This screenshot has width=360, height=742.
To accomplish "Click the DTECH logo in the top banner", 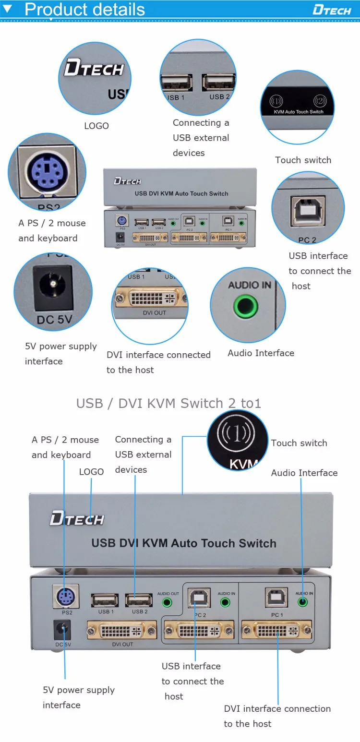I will [x=332, y=10].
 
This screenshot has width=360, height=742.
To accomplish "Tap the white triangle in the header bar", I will [x=8, y=8].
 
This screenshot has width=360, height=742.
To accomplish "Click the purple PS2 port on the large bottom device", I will [x=66, y=598].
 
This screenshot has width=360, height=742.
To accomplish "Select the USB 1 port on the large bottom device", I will [x=105, y=600].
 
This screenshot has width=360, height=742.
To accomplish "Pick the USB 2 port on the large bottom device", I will [x=139, y=600].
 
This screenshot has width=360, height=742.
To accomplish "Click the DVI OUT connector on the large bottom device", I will [x=122, y=630].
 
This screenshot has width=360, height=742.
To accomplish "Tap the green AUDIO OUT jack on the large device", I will [x=168, y=602].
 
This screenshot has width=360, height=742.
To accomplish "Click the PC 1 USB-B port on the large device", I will [x=276, y=598].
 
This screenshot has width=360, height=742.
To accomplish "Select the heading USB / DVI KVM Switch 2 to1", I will [x=168, y=403].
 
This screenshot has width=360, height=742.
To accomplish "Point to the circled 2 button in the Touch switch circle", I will [x=319, y=101].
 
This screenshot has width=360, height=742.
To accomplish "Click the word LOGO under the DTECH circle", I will [x=96, y=126].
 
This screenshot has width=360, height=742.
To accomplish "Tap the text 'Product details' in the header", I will [x=84, y=9].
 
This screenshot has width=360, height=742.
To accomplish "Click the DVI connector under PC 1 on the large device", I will [x=276, y=630].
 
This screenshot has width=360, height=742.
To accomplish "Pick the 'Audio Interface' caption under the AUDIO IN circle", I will [x=261, y=353].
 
